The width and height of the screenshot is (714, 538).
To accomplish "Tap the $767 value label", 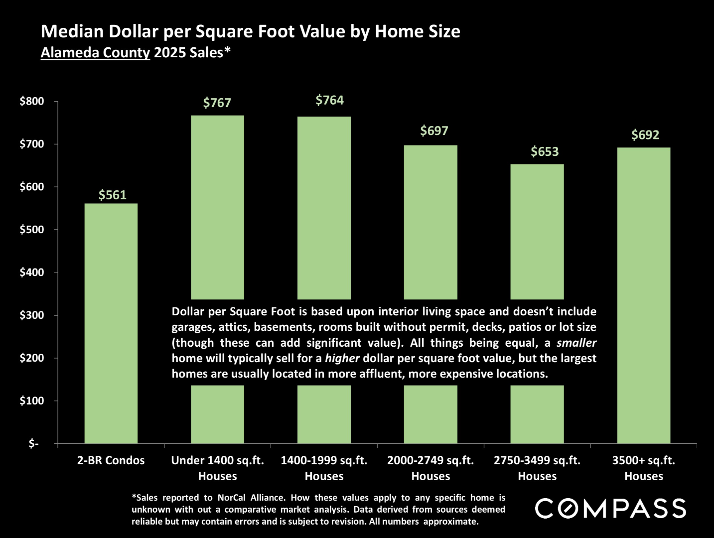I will click(x=217, y=103).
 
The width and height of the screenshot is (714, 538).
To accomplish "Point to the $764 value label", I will click(x=330, y=101).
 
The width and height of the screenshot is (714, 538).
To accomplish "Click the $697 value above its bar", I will click(x=434, y=131).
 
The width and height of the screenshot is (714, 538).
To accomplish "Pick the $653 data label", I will click(x=545, y=151).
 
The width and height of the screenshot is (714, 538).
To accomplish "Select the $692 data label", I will click(x=645, y=135).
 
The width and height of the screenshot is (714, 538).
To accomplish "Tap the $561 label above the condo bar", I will click(x=113, y=195).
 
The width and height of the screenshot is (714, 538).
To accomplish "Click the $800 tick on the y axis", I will click(x=32, y=101).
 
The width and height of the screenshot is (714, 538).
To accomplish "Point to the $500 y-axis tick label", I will click(x=32, y=230).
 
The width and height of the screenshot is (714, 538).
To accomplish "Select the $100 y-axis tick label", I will click(x=32, y=401).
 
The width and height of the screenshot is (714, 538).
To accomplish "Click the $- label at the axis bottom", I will click(x=34, y=443).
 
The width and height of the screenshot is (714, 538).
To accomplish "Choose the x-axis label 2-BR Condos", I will click(x=111, y=460).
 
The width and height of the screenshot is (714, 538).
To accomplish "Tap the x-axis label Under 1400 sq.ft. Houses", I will click(x=218, y=468).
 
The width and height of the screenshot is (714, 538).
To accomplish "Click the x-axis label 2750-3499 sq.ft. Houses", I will click(x=537, y=468).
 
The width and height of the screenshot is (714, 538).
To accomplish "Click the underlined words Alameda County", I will click(x=95, y=52).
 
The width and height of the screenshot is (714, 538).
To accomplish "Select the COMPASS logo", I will click(x=610, y=509).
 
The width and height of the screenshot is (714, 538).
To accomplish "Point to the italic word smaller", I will click(x=576, y=343).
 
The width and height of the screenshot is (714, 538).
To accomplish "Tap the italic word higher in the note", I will click(x=342, y=358).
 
